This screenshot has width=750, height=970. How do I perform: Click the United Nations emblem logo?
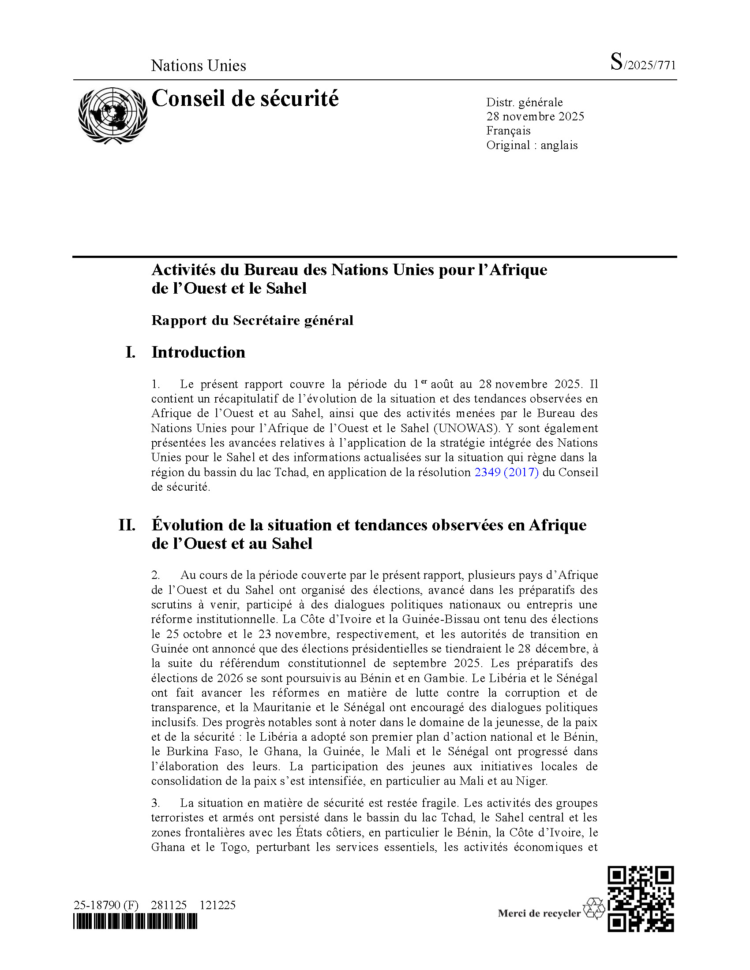(x=112, y=116)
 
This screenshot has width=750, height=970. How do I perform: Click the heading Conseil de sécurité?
(x=245, y=99)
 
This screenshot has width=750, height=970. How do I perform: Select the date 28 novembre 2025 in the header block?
(x=535, y=116)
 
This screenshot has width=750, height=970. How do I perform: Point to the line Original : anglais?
(x=532, y=145)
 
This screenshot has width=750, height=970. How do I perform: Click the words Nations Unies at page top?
(x=198, y=66)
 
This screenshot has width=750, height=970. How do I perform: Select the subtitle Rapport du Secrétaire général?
(x=252, y=320)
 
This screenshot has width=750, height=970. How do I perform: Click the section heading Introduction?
(x=198, y=352)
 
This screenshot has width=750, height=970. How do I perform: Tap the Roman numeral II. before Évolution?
(x=127, y=525)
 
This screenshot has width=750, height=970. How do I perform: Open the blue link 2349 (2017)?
(x=506, y=472)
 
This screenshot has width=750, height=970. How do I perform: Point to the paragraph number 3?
(x=155, y=803)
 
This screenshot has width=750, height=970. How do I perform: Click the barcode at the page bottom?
(x=135, y=922)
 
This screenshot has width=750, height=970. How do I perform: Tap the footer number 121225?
(x=217, y=905)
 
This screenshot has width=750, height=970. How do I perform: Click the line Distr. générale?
(x=524, y=103)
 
